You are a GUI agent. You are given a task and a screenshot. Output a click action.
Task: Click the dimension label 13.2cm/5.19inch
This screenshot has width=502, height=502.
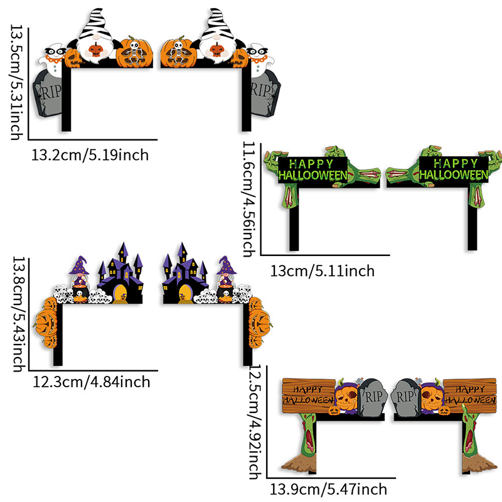point(90,154)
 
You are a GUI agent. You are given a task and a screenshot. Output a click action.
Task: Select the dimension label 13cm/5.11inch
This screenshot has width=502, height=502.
point(323,271)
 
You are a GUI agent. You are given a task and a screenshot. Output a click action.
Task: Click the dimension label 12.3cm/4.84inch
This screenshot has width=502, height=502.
point(90,381)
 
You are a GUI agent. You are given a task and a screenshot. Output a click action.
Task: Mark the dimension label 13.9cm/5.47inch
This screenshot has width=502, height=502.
point(328,489)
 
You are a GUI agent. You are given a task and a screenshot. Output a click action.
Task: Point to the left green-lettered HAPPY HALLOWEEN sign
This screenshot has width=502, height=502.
point(312,169)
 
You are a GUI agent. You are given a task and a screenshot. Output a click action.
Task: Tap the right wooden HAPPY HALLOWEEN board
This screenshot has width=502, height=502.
point(469,393)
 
